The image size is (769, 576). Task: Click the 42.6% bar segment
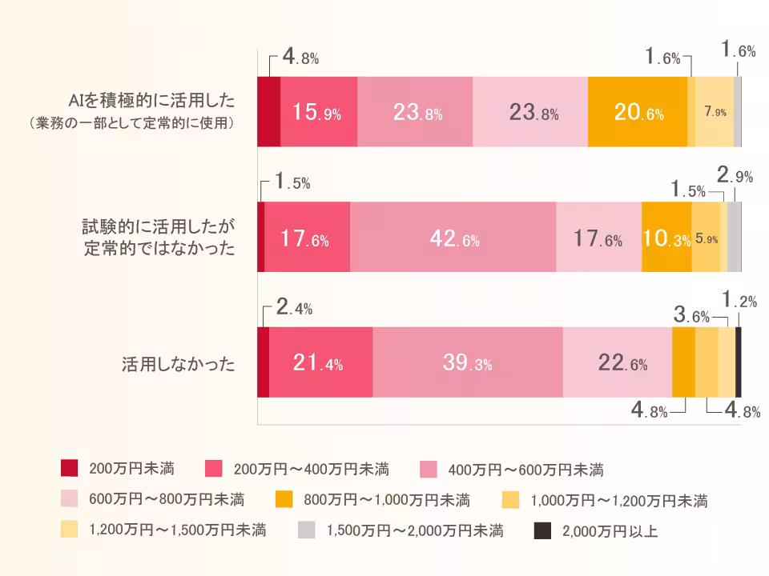[x=453, y=238]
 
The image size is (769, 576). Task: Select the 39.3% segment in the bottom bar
[x=467, y=362]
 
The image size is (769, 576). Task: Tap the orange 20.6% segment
[x=638, y=113]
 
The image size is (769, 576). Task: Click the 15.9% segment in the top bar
[x=318, y=113]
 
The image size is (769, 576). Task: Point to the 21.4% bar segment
[x=320, y=362]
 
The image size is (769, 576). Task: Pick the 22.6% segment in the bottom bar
[x=617, y=362]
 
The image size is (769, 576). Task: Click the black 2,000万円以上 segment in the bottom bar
[x=739, y=362]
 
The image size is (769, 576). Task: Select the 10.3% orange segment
[x=666, y=238]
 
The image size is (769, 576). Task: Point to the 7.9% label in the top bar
[x=715, y=113]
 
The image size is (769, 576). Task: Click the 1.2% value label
[x=738, y=301]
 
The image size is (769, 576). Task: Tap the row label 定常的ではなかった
[x=160, y=249]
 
